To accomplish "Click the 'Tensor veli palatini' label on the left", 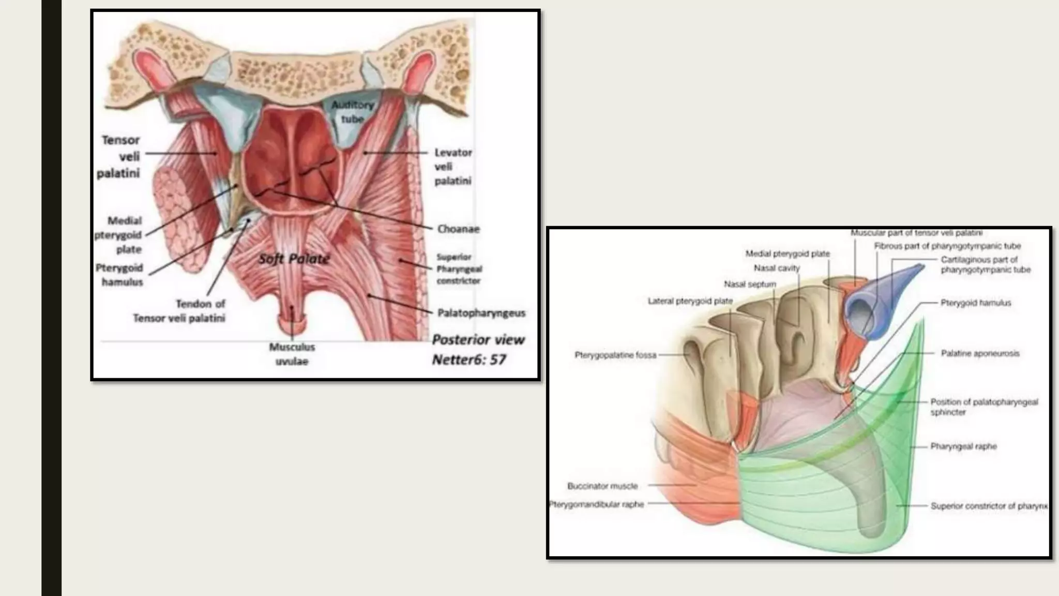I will [x=119, y=156].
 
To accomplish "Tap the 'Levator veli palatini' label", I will [x=452, y=167].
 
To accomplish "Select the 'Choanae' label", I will [x=458, y=229].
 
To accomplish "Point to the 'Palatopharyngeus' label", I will [x=481, y=313].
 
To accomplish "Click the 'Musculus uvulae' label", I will [x=292, y=354].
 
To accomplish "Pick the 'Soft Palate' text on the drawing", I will [x=294, y=259].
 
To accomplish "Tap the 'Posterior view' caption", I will [x=478, y=340].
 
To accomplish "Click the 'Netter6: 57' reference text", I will [x=468, y=360].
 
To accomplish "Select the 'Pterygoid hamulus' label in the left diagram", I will [x=119, y=275].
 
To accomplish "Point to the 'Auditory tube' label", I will [x=353, y=112].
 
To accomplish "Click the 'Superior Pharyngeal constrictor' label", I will [x=459, y=269].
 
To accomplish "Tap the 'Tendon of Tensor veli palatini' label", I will [x=179, y=311].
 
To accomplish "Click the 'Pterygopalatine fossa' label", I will [x=615, y=355].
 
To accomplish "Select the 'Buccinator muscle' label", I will [x=602, y=486].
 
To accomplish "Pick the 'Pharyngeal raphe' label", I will [x=963, y=446].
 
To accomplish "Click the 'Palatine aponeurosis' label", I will [x=980, y=353].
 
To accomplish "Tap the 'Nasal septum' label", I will [x=750, y=284].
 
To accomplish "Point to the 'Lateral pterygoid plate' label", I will [x=690, y=301].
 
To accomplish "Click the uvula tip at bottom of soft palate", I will [x=292, y=325].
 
